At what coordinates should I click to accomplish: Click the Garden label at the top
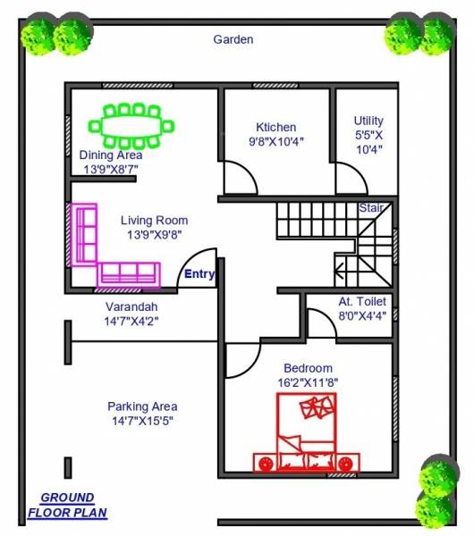click(x=233, y=39)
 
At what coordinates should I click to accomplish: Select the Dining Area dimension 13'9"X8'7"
click(x=112, y=168)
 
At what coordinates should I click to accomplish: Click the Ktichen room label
click(x=275, y=127)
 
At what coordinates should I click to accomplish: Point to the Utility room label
click(x=368, y=121)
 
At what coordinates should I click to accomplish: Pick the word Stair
click(x=371, y=207)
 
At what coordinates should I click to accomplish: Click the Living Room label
click(x=154, y=221)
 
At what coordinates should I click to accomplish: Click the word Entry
click(x=199, y=274)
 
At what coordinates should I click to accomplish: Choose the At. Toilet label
click(x=362, y=302)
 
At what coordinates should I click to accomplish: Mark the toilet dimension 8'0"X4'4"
click(x=362, y=315)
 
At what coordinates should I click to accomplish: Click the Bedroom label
click(x=308, y=368)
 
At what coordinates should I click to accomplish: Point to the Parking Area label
click(x=142, y=406)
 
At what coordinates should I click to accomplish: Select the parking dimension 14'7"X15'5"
click(x=144, y=421)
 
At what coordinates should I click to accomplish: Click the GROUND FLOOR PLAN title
click(x=67, y=505)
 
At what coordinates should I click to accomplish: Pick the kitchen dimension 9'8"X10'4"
click(x=276, y=141)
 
